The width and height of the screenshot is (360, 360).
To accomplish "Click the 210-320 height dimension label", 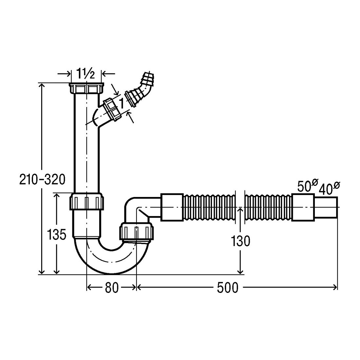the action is click(x=43, y=180).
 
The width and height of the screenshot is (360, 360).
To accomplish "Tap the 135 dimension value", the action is click(x=57, y=235).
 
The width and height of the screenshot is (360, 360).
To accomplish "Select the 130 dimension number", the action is click(x=241, y=241).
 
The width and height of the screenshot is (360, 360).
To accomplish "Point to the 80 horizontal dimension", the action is click(x=112, y=287).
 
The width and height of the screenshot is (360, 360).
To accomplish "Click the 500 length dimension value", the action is click(x=227, y=287).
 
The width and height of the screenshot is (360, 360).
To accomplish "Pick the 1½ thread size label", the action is click(x=85, y=73).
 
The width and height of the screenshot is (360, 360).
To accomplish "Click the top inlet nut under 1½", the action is click(x=86, y=88).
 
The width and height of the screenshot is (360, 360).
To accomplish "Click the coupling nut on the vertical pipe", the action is click(x=86, y=201).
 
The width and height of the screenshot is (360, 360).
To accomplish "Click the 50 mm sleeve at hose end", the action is click(x=303, y=207).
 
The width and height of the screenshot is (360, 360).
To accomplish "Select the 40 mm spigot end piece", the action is click(x=326, y=207).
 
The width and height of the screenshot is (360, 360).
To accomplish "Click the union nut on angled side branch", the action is click(x=112, y=110).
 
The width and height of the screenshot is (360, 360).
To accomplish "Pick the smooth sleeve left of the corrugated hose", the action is click(x=172, y=207).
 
